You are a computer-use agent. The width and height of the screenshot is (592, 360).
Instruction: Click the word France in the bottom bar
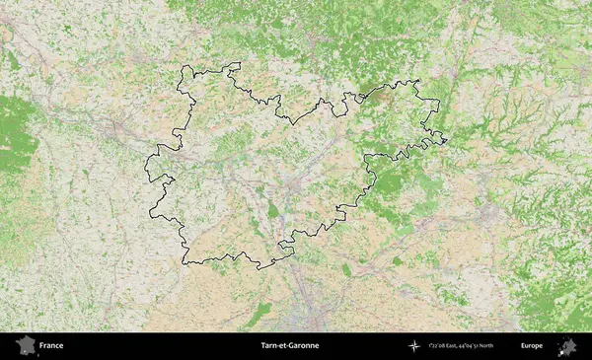point(52,346)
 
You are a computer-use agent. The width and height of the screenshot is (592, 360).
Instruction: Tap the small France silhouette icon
point(23,345)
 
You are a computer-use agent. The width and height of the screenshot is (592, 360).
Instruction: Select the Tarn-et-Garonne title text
point(290,346)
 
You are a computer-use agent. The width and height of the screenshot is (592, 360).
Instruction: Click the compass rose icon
point(414,346)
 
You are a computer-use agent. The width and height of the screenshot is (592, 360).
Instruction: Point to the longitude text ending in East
point(450,346)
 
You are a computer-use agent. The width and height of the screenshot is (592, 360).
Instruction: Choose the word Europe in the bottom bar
point(532,346)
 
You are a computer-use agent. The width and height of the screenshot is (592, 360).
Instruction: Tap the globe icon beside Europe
point(567,345)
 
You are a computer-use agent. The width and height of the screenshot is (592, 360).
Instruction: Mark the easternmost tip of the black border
point(447,140)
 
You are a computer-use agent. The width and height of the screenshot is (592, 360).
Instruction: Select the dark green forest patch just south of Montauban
point(273,210)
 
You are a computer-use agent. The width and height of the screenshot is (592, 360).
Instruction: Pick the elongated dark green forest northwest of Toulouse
point(259,314)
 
